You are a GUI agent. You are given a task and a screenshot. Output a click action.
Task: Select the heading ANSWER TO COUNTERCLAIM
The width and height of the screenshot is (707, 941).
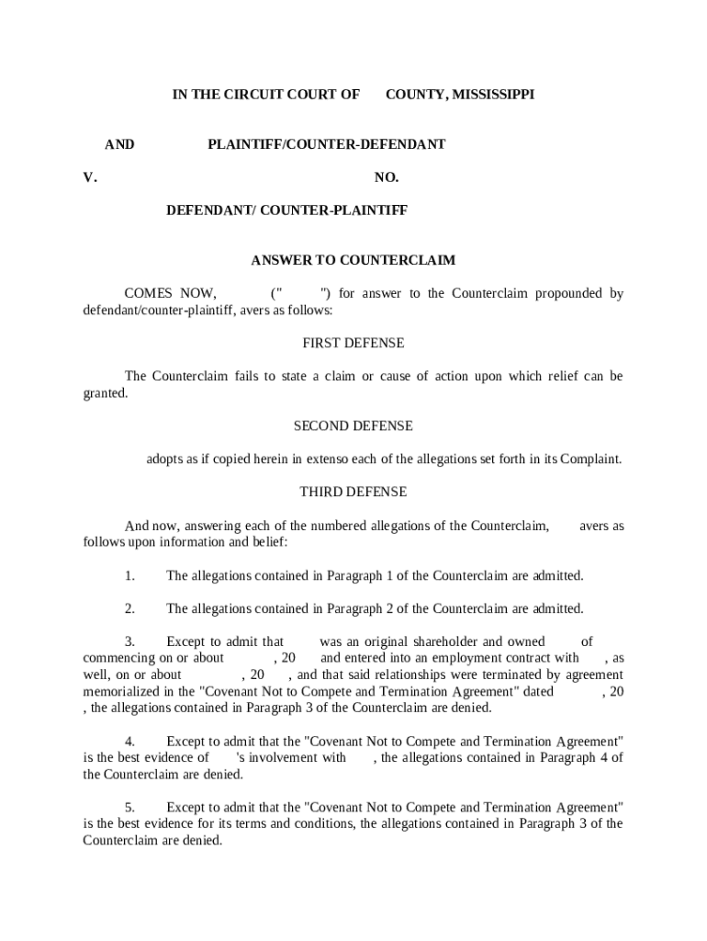coord(353,260)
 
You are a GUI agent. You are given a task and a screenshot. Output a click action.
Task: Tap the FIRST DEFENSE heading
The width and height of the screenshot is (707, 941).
coord(353,343)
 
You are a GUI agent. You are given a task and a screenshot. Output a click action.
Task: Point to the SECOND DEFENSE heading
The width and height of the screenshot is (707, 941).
coord(353,425)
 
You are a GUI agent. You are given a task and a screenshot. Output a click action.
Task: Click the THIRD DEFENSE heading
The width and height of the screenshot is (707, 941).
coord(353,492)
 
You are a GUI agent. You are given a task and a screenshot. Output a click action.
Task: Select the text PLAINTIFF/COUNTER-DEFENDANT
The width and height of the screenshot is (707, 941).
coord(327,144)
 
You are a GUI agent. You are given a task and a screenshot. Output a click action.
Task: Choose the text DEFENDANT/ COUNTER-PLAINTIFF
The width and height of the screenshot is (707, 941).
coord(286,210)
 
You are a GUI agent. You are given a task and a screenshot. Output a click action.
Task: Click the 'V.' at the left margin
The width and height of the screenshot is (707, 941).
coord(90,177)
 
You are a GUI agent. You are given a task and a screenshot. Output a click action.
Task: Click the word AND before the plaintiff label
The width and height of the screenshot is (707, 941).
coord(119,144)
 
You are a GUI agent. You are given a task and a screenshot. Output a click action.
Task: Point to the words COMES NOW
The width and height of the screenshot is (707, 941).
coord(170,294)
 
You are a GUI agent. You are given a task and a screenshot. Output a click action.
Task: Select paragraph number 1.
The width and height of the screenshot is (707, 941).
coord(130,575)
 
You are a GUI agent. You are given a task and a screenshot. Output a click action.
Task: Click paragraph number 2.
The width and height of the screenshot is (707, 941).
coord(130,608)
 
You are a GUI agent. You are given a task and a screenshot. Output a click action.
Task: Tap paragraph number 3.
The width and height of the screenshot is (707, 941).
coord(130,641)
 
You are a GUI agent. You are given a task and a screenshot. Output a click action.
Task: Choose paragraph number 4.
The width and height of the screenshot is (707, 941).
coord(130,741)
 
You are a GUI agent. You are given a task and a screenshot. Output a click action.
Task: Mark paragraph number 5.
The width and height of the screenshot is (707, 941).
coord(130,807)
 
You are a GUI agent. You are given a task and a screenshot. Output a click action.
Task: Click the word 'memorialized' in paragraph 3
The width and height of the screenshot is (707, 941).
coord(120,691)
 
